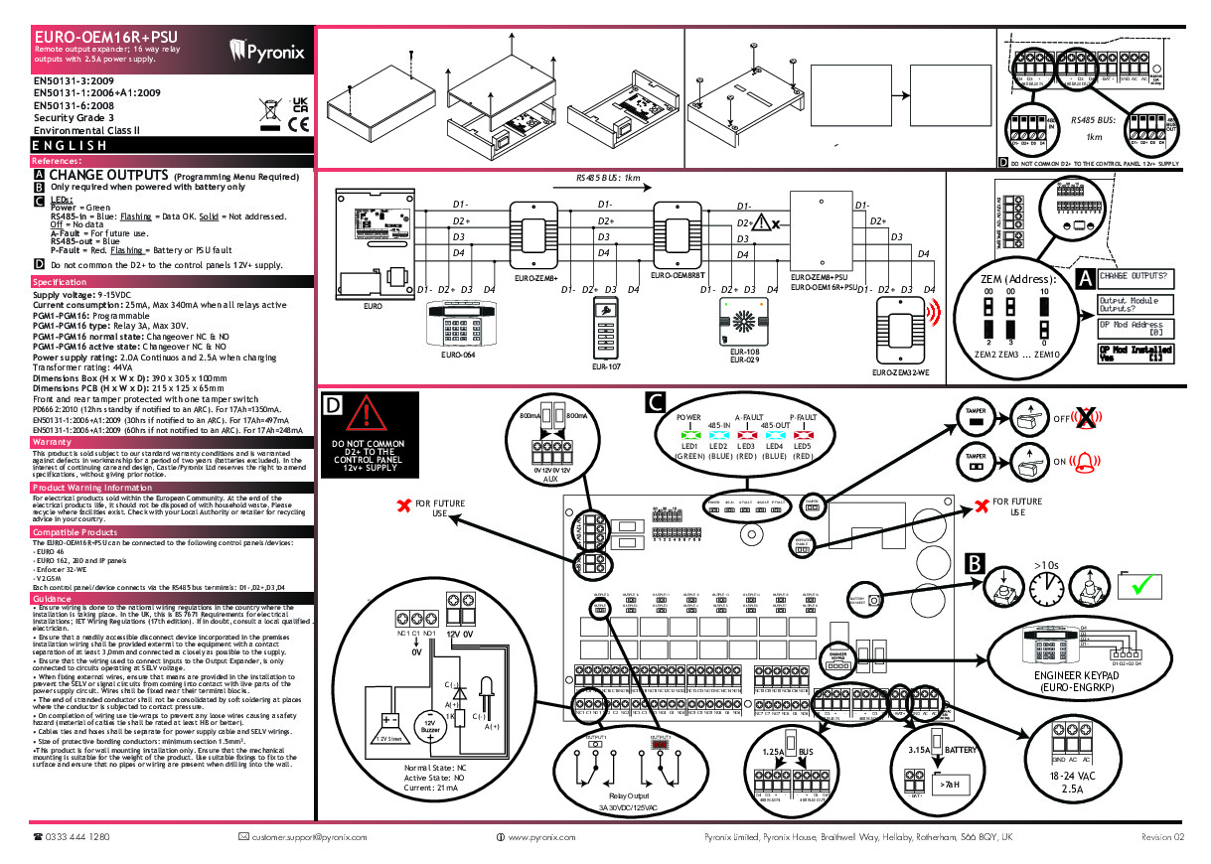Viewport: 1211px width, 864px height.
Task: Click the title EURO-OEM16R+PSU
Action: [x=98, y=36]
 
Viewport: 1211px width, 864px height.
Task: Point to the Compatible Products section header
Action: [x=75, y=532]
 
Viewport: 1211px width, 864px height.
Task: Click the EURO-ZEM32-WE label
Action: [x=901, y=371]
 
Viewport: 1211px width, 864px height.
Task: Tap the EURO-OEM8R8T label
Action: [x=679, y=274]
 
